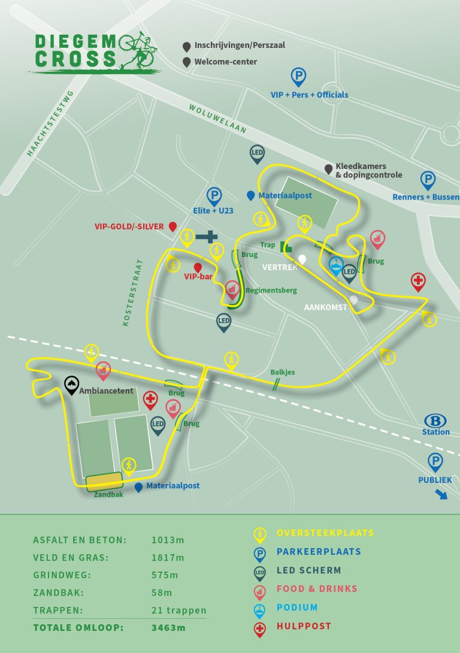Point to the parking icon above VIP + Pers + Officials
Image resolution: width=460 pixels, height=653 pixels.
(x=298, y=76)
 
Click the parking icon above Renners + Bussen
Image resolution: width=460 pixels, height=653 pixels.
(x=428, y=180)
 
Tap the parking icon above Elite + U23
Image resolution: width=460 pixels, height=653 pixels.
(x=214, y=195)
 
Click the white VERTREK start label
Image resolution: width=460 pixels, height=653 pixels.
(x=280, y=267)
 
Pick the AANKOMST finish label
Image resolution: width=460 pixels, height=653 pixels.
(x=326, y=307)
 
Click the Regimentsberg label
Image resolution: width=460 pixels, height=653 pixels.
(x=271, y=291)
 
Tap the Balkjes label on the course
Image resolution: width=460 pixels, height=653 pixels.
(x=282, y=372)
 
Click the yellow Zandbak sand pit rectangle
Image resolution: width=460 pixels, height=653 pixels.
(x=104, y=482)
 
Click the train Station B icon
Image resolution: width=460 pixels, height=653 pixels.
(x=435, y=420)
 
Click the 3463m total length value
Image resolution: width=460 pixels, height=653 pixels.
(x=169, y=628)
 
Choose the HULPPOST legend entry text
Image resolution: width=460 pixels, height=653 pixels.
(x=304, y=626)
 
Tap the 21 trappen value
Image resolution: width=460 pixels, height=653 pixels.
(x=178, y=610)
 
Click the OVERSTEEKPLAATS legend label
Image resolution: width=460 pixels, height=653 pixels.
(x=325, y=533)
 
